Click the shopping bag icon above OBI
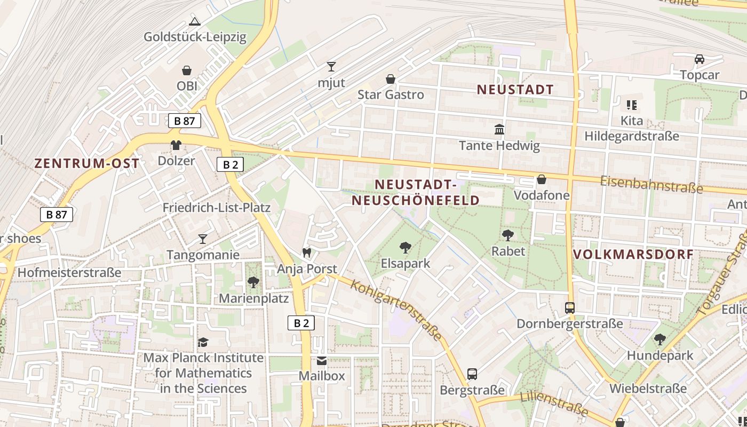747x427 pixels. tap(187, 70)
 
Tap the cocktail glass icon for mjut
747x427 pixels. tap(331, 67)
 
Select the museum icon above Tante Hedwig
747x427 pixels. tap(499, 129)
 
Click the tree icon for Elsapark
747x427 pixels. tap(406, 247)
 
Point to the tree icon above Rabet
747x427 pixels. tap(508, 235)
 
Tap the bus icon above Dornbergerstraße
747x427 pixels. tap(570, 308)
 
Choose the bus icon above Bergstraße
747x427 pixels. tap(472, 374)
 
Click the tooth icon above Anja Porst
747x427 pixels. tap(307, 252)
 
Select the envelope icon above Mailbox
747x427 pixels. tap(322, 360)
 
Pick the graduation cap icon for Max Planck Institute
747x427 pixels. tap(203, 342)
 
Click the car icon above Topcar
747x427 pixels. tap(700, 59)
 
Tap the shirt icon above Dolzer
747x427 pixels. tap(176, 145)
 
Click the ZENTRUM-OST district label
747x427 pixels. tap(87, 163)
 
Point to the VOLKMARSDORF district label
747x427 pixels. tap(633, 254)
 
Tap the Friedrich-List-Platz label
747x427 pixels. tap(217, 208)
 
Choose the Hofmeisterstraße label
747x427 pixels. tap(69, 273)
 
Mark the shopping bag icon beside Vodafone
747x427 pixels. tap(542, 180)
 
